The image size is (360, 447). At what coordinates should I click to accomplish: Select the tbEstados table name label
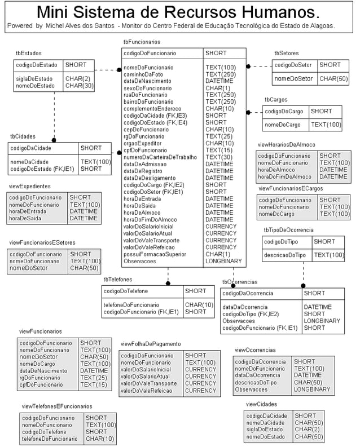pos(28,52)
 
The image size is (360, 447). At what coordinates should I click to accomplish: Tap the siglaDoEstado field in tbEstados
pos(34,78)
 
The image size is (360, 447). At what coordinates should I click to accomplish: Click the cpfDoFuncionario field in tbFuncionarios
pos(146,151)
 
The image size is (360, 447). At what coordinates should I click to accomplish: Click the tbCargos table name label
pos(276,100)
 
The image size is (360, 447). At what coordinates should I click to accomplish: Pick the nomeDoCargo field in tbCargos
pos(282,125)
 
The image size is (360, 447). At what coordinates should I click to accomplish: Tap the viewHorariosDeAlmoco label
pos(286,145)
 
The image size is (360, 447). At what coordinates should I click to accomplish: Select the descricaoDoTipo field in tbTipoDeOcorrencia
pos(285,255)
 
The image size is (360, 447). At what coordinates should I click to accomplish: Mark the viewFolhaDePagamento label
pos(151,343)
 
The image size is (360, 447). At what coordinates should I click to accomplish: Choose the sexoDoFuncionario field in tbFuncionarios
pos(148,88)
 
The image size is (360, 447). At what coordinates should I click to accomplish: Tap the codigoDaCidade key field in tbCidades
pos(31,148)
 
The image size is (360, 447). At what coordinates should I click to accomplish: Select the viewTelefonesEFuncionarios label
pos(57,406)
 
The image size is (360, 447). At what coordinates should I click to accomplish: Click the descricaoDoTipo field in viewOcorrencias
pos(256,382)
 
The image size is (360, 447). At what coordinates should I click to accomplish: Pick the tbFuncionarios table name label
pos(142,42)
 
